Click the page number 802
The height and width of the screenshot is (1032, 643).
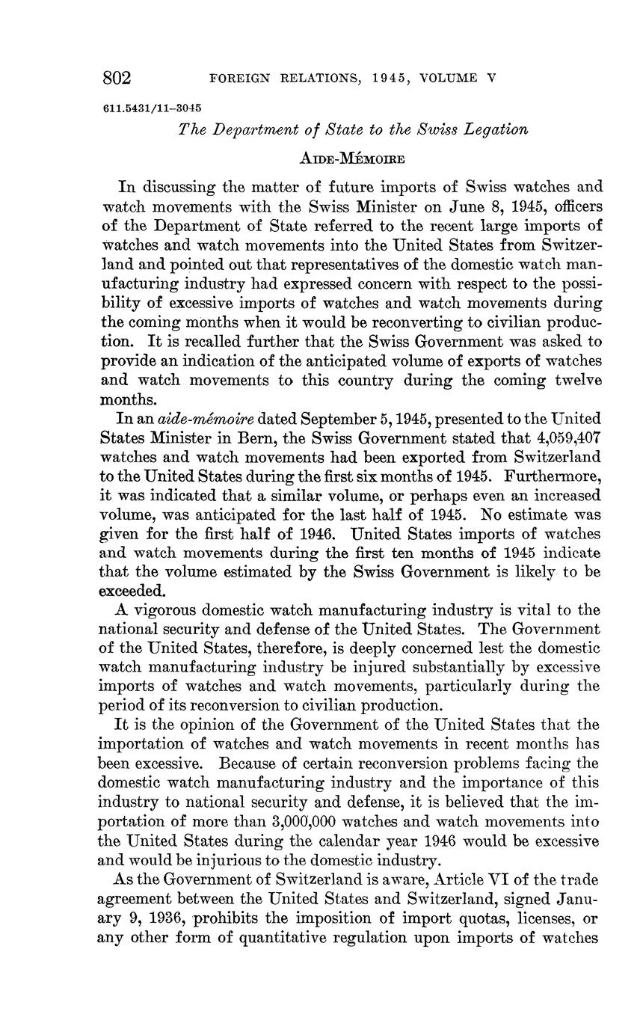117,79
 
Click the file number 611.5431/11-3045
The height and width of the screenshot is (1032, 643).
153,107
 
